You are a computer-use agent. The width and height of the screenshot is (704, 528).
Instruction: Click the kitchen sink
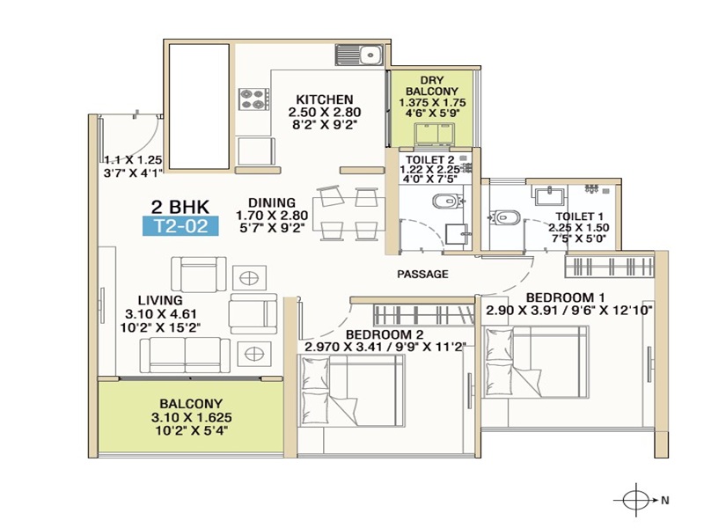[x=359, y=55]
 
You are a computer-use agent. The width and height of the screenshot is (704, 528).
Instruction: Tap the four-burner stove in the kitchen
[x=253, y=99]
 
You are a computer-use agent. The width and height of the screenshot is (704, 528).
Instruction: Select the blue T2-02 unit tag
[x=180, y=226]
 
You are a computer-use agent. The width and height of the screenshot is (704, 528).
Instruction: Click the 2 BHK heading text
[x=180, y=207]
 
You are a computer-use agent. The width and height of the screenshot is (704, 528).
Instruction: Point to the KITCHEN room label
[x=325, y=99]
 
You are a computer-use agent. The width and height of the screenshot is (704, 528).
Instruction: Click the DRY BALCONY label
[x=432, y=85]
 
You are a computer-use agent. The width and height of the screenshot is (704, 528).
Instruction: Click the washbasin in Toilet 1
[x=548, y=195]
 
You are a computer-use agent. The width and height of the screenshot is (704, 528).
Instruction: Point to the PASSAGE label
[x=422, y=274]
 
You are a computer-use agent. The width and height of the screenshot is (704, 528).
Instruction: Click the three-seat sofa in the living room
[x=185, y=356]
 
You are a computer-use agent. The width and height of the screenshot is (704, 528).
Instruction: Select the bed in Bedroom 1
[x=535, y=362]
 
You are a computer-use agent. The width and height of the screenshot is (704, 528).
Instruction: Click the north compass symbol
[x=636, y=500]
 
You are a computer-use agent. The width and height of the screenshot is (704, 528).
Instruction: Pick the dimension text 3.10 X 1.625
[x=192, y=417]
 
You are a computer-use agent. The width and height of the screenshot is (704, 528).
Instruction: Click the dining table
[x=348, y=214]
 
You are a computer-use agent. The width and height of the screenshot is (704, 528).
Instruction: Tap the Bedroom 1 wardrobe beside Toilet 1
[x=609, y=266]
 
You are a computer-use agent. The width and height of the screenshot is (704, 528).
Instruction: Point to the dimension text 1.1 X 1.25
[x=133, y=160]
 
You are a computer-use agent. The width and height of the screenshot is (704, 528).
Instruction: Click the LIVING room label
[x=160, y=300]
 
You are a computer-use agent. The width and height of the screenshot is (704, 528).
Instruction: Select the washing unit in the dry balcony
[x=434, y=135]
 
